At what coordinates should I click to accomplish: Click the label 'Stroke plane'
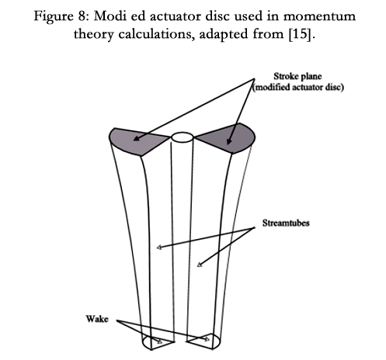[x=297, y=76]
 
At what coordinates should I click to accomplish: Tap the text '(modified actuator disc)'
[x=298, y=88]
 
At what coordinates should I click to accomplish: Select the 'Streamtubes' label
[x=286, y=223]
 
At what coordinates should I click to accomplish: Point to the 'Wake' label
[x=97, y=319]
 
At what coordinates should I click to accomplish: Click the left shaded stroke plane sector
[x=134, y=141]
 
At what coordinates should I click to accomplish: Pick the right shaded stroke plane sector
[x=228, y=138]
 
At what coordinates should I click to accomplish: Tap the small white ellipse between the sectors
[x=183, y=137]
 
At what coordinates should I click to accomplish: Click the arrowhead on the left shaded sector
[x=137, y=139]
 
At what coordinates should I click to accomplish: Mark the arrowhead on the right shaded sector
[x=228, y=141]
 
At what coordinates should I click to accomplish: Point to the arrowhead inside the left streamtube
[x=159, y=247]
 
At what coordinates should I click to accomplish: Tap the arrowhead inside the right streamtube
[x=200, y=265]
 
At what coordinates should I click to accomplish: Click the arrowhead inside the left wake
[x=160, y=341]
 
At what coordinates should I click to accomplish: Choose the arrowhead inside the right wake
[x=207, y=339]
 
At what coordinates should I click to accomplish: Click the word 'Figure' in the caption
[x=54, y=16]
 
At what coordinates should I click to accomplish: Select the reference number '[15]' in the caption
[x=301, y=34]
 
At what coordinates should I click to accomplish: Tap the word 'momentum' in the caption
[x=319, y=16]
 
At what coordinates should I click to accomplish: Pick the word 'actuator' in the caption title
[x=176, y=16]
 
